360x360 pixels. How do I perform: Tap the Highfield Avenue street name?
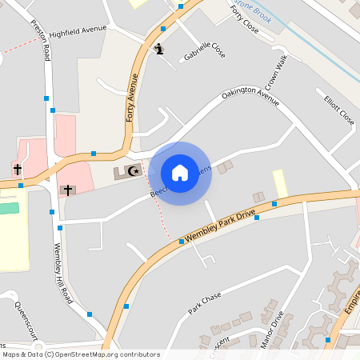[78, 30]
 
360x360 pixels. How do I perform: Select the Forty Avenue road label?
[132, 97]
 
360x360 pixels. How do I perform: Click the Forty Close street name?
[243, 17]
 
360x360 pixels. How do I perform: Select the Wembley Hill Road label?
[62, 273]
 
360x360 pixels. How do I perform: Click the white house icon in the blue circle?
[180, 173]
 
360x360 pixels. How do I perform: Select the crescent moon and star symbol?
[134, 170]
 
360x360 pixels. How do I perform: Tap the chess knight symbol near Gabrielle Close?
[160, 50]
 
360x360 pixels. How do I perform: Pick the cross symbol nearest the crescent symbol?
[68, 190]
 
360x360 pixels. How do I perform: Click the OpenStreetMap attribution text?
[81, 354]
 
